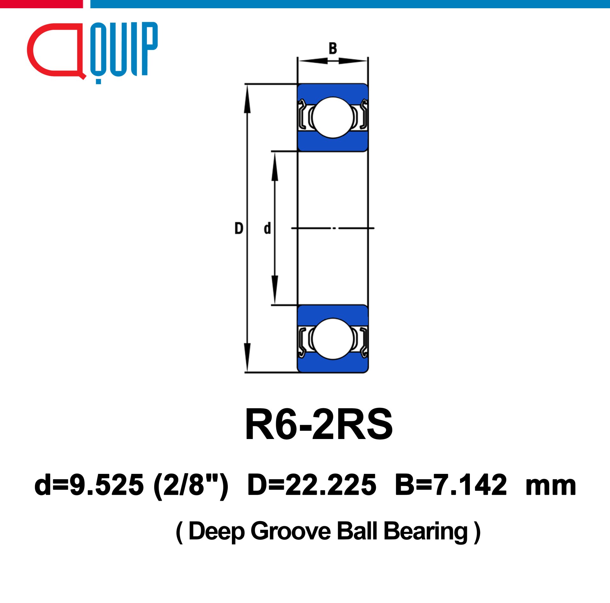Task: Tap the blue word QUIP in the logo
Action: tap(124, 51)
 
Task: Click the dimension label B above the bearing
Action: tap(333, 49)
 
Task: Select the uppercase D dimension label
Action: tap(239, 228)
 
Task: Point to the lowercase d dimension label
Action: tap(268, 228)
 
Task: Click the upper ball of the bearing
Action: tap(333, 117)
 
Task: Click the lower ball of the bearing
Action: tap(333, 339)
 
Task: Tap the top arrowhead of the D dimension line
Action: tap(247, 99)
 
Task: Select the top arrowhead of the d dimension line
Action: tap(275, 167)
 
